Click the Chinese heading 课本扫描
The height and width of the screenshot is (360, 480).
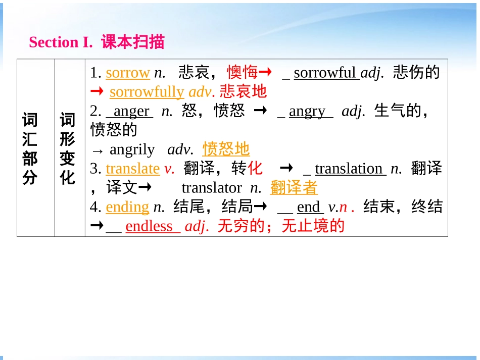(133, 42)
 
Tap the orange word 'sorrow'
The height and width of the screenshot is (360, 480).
(127, 73)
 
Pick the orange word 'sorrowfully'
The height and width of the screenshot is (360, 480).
(147, 92)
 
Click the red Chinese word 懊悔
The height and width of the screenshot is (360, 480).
(242, 73)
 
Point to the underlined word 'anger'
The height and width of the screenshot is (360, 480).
(131, 111)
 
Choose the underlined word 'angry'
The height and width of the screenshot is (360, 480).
(307, 111)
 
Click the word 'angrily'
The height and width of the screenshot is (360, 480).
(132, 149)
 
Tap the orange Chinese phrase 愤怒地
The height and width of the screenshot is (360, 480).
(226, 149)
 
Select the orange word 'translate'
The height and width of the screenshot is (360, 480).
(133, 169)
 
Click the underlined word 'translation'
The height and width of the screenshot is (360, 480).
(349, 169)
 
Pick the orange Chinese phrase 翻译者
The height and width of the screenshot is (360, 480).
(294, 188)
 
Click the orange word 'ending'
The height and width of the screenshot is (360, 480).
(127, 207)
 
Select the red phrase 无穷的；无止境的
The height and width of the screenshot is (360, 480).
(281, 226)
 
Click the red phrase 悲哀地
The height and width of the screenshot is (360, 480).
(243, 92)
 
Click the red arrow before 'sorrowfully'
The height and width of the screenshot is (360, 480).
(97, 92)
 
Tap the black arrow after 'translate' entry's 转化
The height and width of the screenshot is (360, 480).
(286, 168)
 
